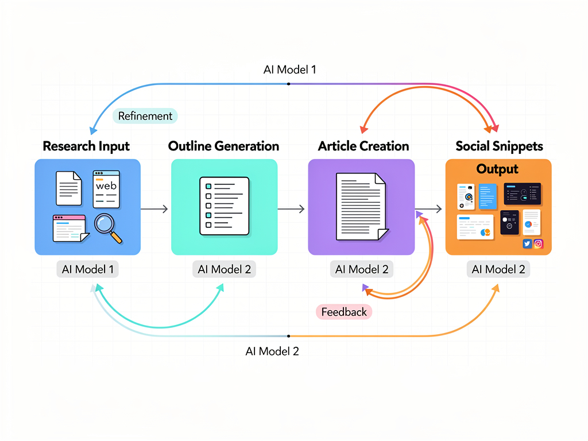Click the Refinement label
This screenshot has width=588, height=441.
click(145, 116)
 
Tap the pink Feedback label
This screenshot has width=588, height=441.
click(344, 312)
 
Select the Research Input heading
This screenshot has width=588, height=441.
click(86, 146)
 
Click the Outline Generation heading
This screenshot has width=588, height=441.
click(224, 146)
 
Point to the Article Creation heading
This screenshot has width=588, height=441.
click(363, 146)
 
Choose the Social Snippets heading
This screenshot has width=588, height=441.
click(499, 146)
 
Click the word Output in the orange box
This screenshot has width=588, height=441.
click(497, 169)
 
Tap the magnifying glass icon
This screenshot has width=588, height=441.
click(108, 227)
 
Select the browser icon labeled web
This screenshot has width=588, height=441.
click(106, 188)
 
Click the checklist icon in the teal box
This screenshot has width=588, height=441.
click(224, 206)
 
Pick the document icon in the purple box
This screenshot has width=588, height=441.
click(361, 206)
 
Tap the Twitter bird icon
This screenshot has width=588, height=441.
click(527, 244)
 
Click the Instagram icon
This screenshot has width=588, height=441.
click(539, 244)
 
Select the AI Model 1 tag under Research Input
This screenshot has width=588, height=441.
click(87, 269)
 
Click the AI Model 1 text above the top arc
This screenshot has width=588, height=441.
click(289, 69)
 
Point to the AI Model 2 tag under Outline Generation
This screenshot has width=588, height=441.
click(224, 269)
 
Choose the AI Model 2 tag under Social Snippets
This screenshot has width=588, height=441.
click(498, 269)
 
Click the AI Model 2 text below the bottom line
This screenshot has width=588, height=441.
click(272, 351)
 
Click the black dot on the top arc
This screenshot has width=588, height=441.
click(288, 84)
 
